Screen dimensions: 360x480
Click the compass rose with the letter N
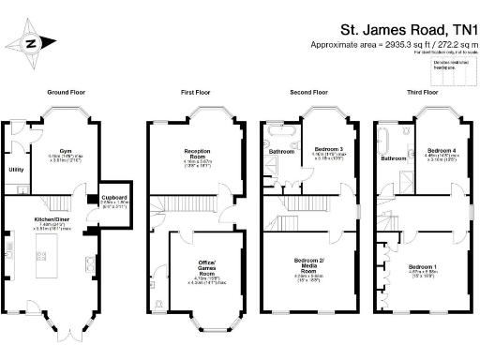tap(30, 42)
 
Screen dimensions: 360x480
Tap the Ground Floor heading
tap(67, 94)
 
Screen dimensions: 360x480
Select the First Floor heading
tap(199, 94)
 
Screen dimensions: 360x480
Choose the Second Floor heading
tap(309, 94)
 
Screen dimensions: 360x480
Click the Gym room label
tap(65, 150)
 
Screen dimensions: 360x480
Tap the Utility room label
tap(16, 170)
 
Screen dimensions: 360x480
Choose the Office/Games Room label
tap(207, 262)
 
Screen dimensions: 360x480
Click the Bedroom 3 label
tap(328, 150)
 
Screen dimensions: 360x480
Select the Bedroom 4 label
tap(441, 150)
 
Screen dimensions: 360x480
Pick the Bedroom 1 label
tap(422, 267)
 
